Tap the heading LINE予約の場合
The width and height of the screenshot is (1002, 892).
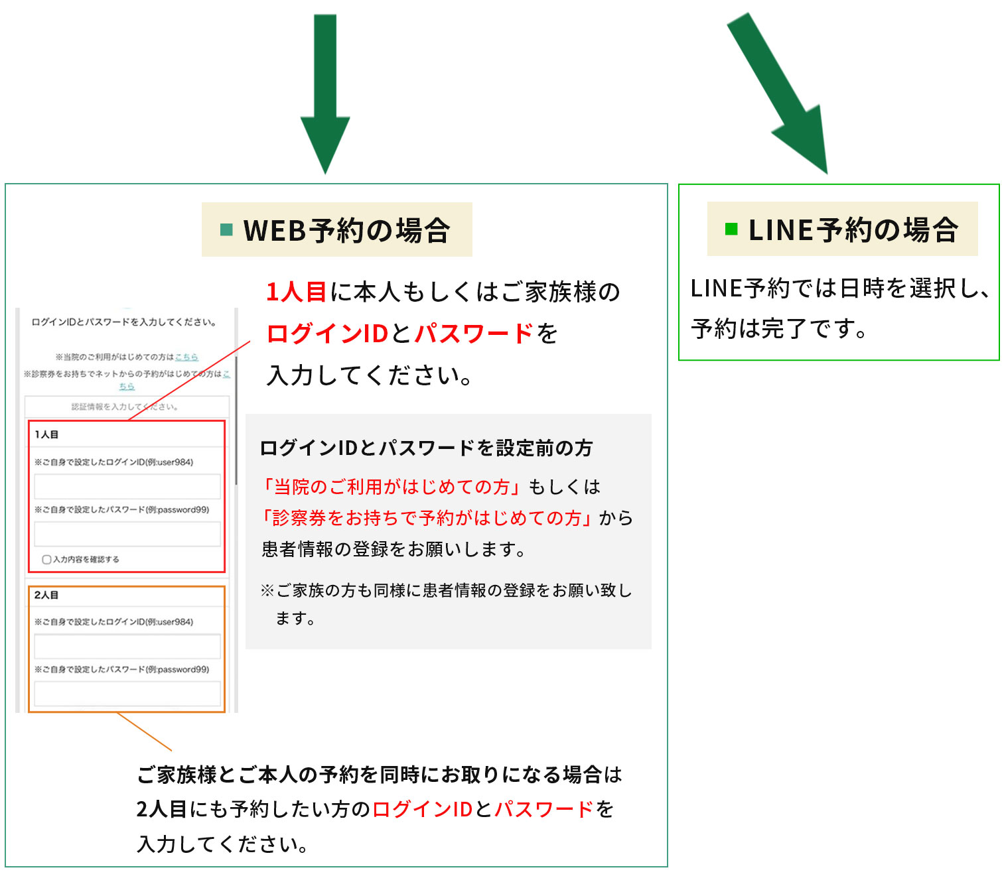(853, 229)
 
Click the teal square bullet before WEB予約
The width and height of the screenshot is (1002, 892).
(226, 229)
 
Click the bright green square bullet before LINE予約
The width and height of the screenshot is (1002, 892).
(731, 229)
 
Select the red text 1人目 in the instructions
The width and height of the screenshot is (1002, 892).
(296, 292)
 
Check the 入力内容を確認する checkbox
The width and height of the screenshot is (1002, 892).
(46, 559)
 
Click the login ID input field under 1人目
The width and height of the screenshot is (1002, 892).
(127, 485)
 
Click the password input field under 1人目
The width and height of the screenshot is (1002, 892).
(127, 533)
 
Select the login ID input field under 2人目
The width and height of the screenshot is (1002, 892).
(127, 645)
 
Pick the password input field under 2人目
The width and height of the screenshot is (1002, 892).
(127, 693)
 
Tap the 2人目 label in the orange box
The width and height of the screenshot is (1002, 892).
(46, 595)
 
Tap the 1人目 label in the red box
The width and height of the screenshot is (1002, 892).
(46, 434)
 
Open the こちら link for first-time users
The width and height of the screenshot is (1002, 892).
(186, 357)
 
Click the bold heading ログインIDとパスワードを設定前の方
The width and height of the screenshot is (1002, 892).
(426, 448)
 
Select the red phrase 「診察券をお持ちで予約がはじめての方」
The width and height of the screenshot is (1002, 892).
(428, 518)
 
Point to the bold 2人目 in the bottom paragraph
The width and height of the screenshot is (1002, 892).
(161, 809)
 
